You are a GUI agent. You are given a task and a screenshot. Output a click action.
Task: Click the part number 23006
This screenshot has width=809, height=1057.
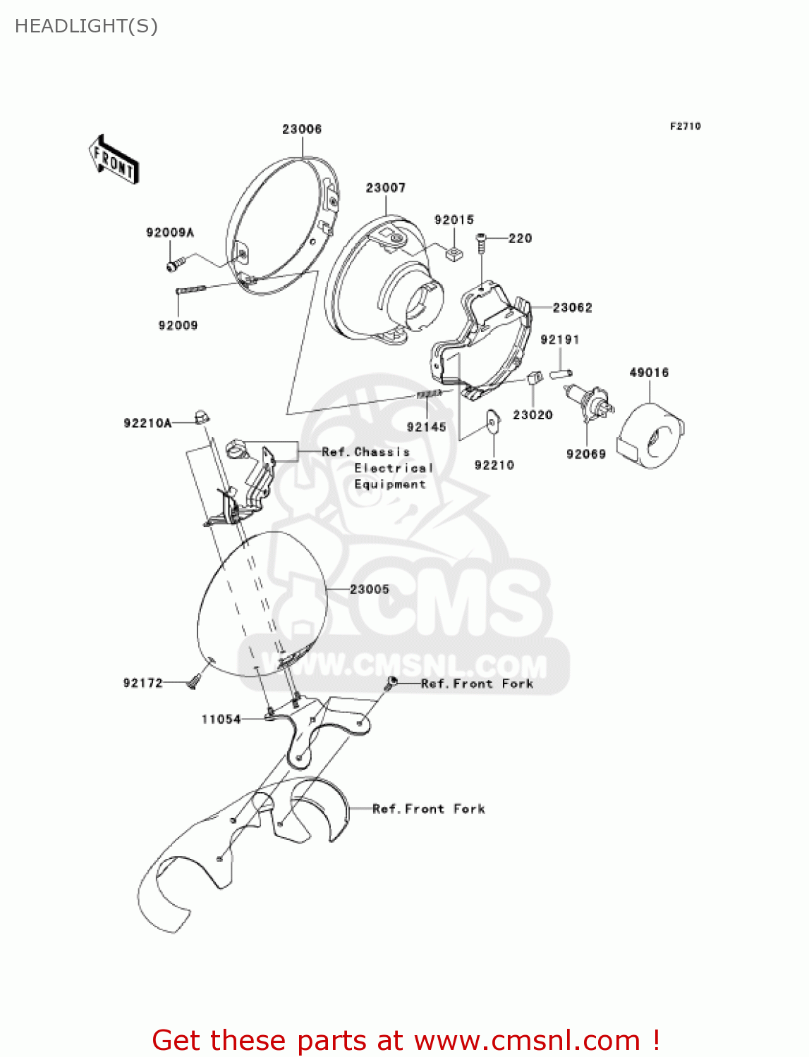click(302, 129)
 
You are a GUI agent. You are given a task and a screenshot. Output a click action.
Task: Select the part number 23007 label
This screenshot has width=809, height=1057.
click(386, 187)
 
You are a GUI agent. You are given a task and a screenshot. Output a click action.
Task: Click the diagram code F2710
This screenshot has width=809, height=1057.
click(685, 126)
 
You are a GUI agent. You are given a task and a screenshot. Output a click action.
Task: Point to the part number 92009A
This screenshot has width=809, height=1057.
click(170, 233)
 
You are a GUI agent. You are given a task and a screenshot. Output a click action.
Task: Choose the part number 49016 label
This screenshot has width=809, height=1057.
click(649, 372)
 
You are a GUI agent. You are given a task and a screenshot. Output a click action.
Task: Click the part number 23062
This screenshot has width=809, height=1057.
click(572, 307)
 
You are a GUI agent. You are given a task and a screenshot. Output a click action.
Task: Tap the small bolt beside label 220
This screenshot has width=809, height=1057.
click(482, 240)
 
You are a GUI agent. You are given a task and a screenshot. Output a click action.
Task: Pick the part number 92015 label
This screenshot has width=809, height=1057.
click(454, 220)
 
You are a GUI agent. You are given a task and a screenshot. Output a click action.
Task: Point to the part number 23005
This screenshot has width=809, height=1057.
click(370, 589)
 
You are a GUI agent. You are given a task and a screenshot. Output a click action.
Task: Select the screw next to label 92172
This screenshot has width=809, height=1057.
click(194, 681)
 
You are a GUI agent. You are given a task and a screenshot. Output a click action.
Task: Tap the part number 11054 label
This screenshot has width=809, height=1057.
click(221, 719)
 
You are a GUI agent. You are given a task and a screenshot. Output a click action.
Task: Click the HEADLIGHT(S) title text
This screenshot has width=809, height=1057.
click(86, 26)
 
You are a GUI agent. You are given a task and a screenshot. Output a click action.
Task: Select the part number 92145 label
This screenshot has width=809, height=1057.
click(427, 426)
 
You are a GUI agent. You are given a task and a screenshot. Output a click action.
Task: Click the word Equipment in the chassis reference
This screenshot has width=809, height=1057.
click(390, 484)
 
